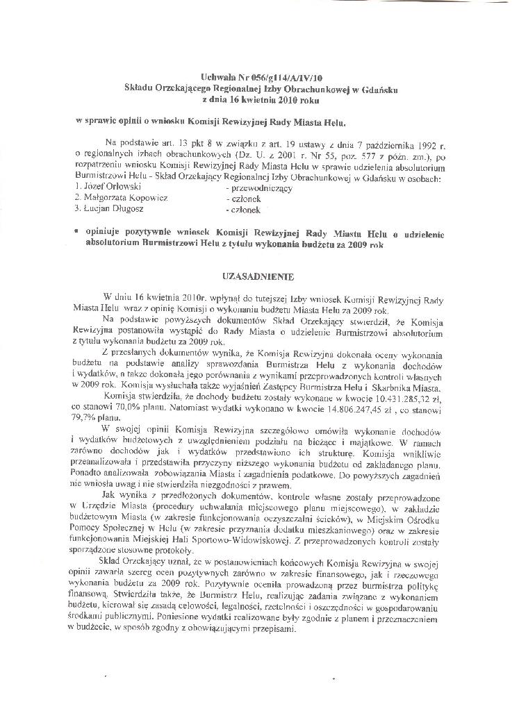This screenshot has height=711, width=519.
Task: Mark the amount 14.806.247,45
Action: click(341, 410)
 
